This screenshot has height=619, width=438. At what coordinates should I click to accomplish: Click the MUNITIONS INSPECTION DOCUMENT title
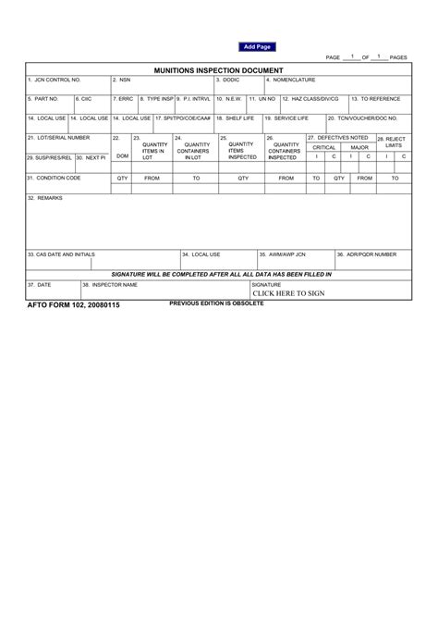coord(219,70)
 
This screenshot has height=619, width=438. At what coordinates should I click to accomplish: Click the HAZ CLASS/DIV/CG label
coord(310,98)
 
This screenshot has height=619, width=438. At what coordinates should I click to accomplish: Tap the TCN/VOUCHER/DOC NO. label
coord(362,118)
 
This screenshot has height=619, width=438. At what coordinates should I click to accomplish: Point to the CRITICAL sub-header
coord(323,147)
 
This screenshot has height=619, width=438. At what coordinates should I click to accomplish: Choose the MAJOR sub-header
coord(359,147)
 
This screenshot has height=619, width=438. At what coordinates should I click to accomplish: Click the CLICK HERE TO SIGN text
coord(288,293)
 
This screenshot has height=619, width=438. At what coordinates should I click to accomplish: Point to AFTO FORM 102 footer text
coord(73,304)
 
